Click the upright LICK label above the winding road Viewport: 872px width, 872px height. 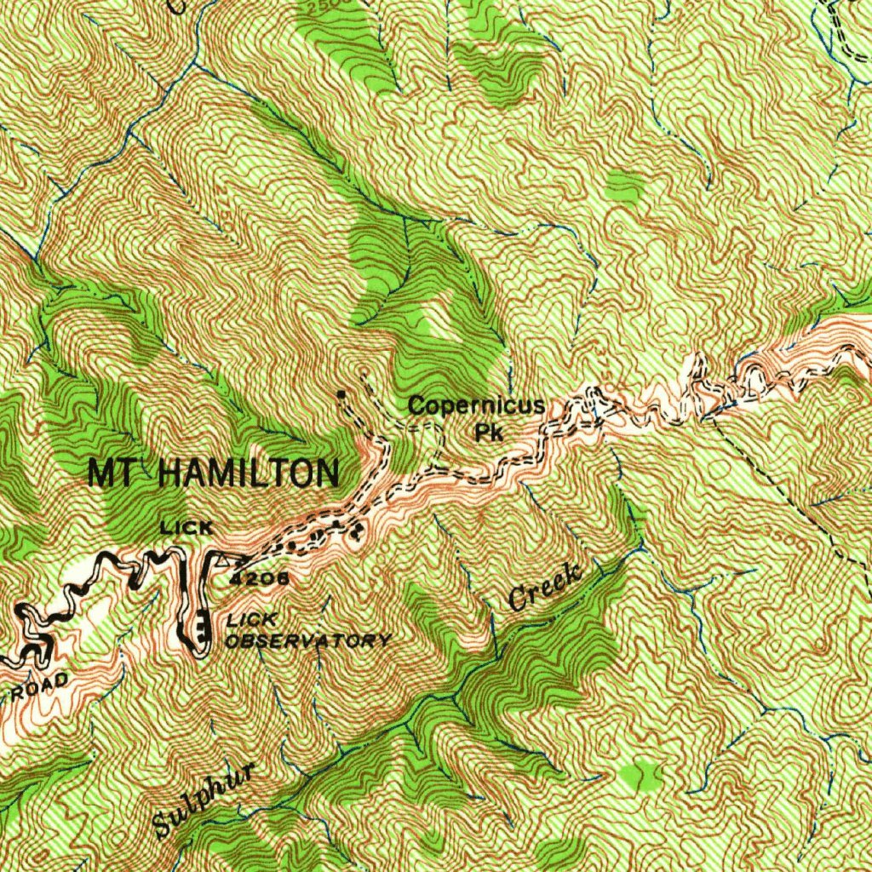click(186, 528)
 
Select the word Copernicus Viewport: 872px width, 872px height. click(475, 405)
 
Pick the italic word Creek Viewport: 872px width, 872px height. click(546, 587)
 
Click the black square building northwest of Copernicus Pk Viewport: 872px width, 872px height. click(341, 395)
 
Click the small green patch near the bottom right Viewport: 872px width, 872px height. click(640, 775)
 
